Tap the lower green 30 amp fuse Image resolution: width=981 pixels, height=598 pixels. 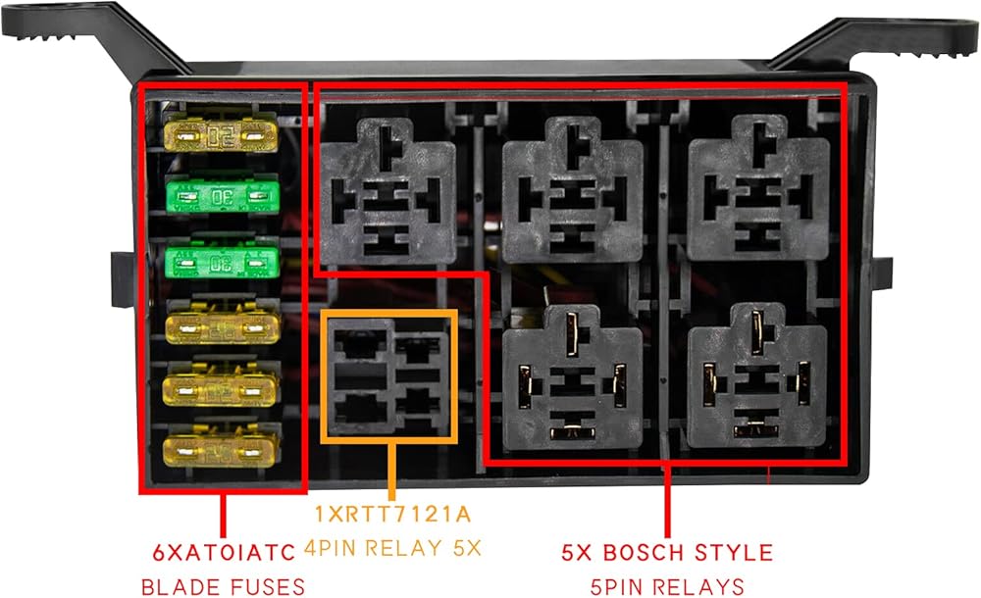click(222, 262)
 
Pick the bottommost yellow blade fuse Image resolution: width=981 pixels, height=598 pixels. click(222, 448)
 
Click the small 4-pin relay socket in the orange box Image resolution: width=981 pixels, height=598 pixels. click(390, 375)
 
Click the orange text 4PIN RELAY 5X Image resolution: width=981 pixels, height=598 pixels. click(392, 548)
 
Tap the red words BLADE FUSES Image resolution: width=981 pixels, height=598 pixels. click(223, 587)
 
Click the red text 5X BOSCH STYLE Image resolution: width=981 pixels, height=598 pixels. click(667, 551)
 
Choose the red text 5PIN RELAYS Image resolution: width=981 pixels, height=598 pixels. click(667, 587)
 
